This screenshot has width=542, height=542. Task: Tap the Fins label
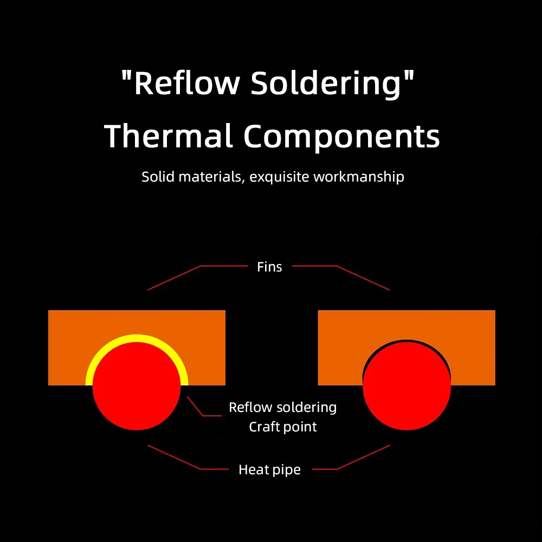coord(269,267)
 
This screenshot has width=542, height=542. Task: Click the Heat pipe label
coord(269,469)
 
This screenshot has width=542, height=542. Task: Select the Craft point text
coord(282,427)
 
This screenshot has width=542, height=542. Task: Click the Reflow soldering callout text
coord(282,408)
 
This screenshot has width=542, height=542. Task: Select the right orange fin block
coord(472,347)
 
